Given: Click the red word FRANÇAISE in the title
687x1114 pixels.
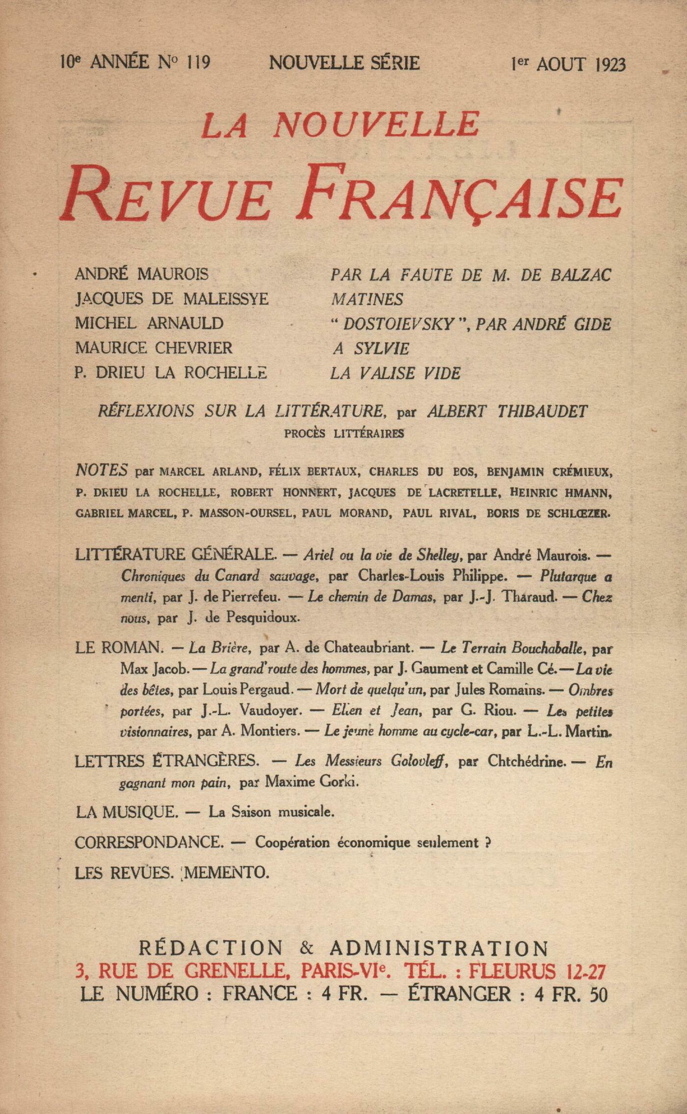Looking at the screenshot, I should pos(459,193).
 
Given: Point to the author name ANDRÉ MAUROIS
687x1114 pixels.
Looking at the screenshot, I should pos(141,274).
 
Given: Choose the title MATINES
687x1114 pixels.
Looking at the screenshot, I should pos(367,299).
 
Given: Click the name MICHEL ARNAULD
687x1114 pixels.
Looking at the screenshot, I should pos(149,323).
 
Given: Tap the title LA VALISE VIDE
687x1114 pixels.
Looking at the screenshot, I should pos(395,373).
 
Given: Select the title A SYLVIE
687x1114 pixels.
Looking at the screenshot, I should pos(371,348).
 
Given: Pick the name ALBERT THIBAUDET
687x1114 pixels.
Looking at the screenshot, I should pos(507,411).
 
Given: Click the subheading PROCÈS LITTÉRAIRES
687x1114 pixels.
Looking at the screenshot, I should pos(344,434).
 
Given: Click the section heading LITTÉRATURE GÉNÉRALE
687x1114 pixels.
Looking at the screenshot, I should pos(175,554).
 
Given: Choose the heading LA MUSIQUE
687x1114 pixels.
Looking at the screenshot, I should pos(126,812).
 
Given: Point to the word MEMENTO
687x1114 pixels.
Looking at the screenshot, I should pos(227,873).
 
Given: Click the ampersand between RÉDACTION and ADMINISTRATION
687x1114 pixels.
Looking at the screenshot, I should pos(307,948).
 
